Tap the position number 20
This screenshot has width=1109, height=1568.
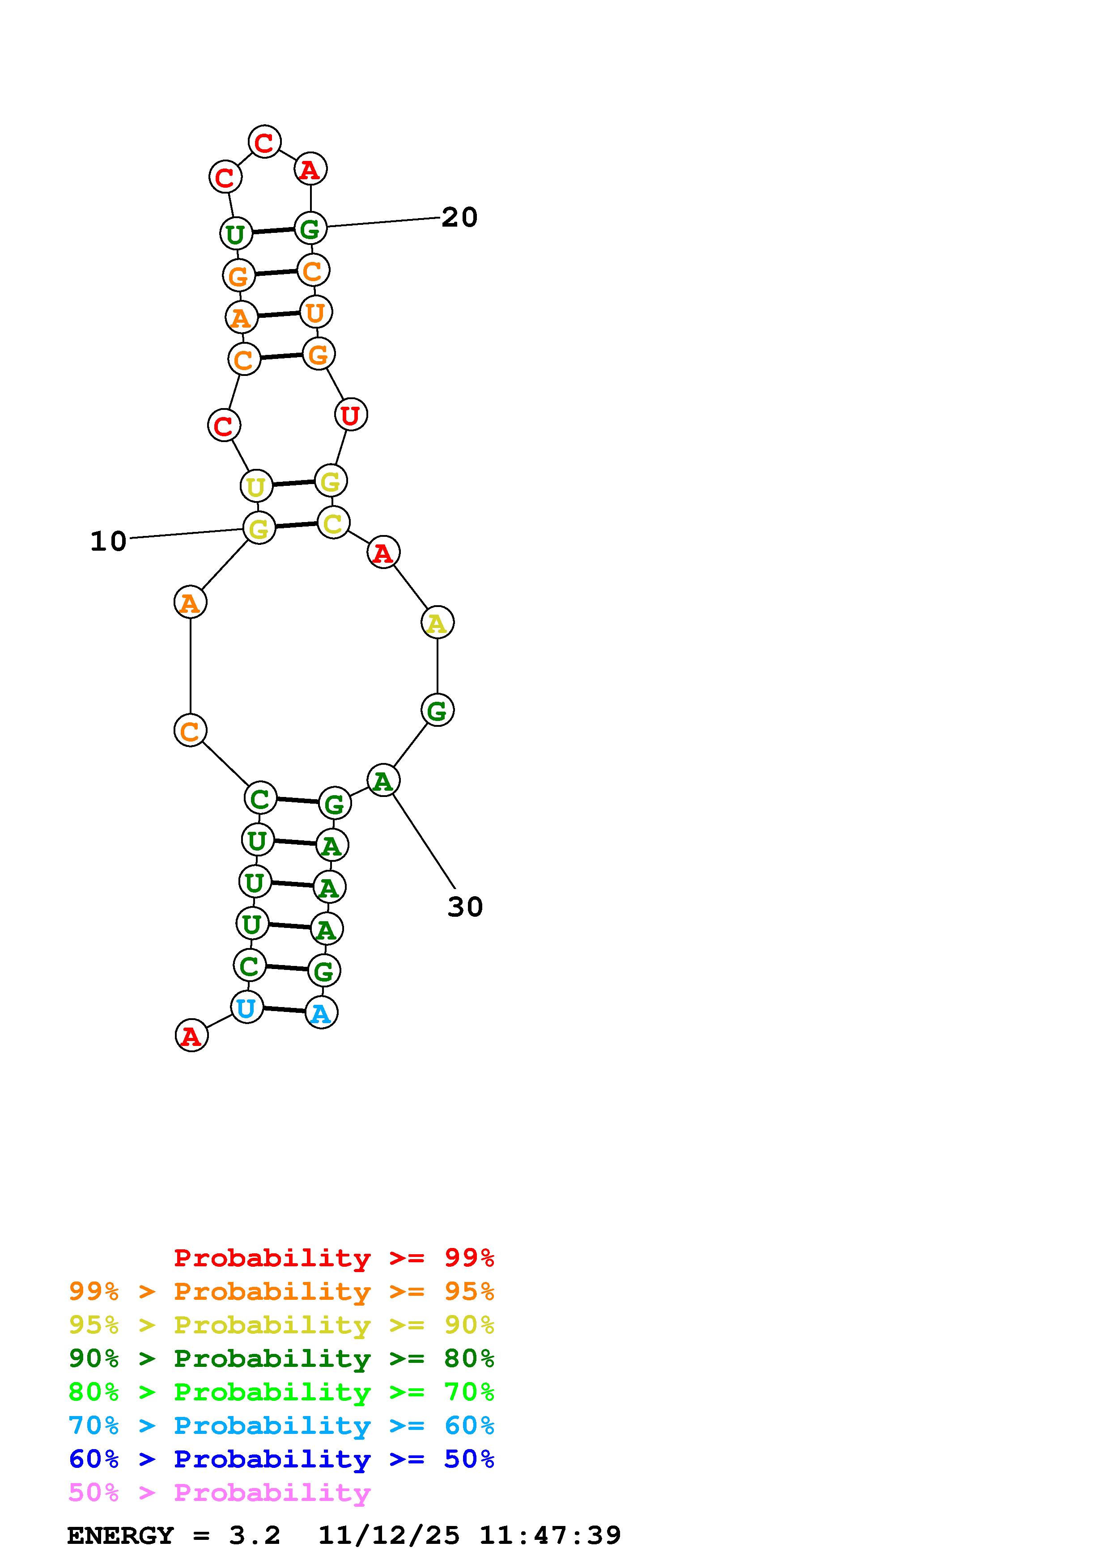[459, 218]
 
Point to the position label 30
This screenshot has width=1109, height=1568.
[465, 907]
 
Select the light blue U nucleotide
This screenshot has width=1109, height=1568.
[246, 1008]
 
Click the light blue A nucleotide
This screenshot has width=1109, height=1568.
[321, 1013]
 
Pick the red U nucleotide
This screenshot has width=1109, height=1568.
[351, 414]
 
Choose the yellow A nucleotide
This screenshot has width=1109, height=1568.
[438, 623]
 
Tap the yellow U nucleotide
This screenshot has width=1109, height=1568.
[256, 486]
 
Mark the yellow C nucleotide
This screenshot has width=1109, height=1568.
[333, 523]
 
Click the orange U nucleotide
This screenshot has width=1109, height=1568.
[315, 313]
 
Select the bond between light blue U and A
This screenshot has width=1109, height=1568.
[284, 1010]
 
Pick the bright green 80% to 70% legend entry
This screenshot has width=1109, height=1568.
[281, 1392]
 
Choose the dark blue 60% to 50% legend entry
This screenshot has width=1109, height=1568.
[281, 1459]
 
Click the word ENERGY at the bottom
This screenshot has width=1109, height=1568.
[120, 1536]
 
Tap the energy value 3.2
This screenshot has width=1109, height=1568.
[254, 1536]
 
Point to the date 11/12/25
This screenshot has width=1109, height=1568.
[389, 1536]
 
